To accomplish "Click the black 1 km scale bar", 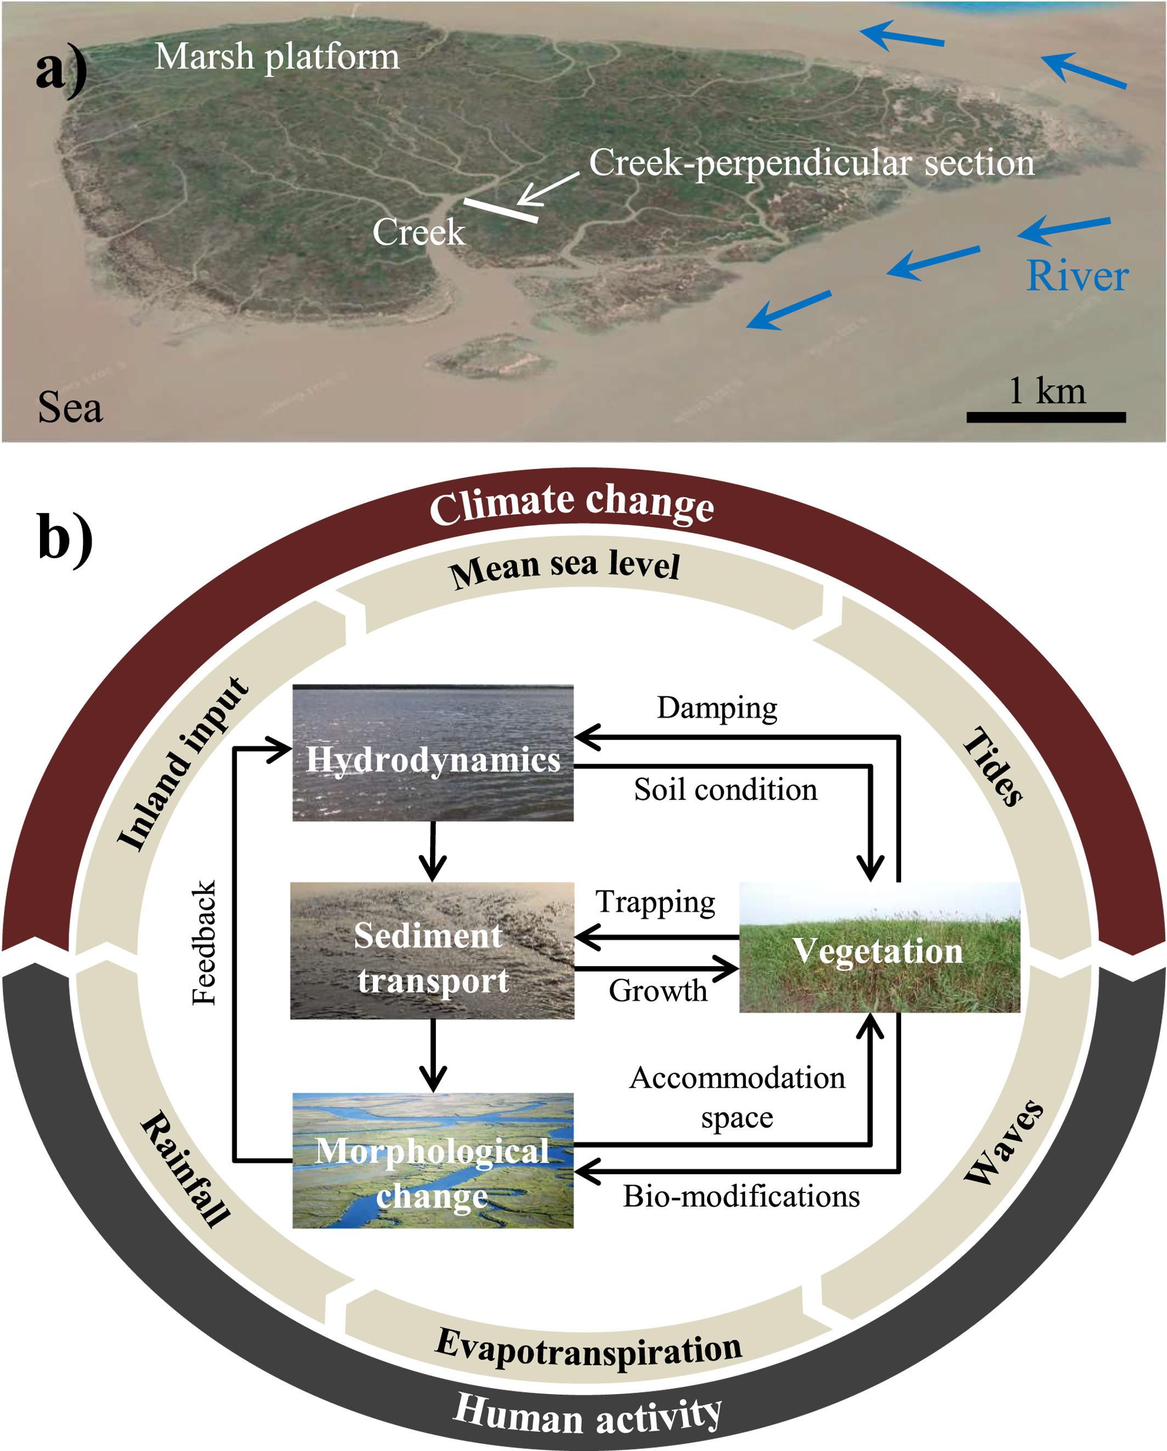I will point(1045,417).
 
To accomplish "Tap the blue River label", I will point(1076,276).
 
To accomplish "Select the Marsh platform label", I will point(277,56).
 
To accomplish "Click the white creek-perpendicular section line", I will point(500,210).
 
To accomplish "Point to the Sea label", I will point(70,407).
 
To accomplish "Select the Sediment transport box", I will point(432,950).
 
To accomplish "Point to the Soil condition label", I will point(725,790).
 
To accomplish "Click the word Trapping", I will point(655,902).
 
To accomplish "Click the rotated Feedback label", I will point(203,942).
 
